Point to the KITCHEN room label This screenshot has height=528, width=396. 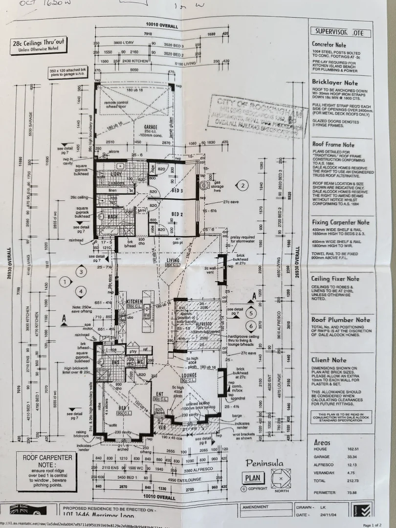(x=134, y=302)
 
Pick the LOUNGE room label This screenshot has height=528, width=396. (x=188, y=375)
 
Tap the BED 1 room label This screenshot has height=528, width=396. (x=123, y=408)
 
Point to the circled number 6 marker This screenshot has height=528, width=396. (x=251, y=326)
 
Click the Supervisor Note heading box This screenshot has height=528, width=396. (x=340, y=33)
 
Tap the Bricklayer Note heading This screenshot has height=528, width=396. (x=335, y=83)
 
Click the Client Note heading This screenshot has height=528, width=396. (x=329, y=360)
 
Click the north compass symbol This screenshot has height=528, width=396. (x=281, y=479)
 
